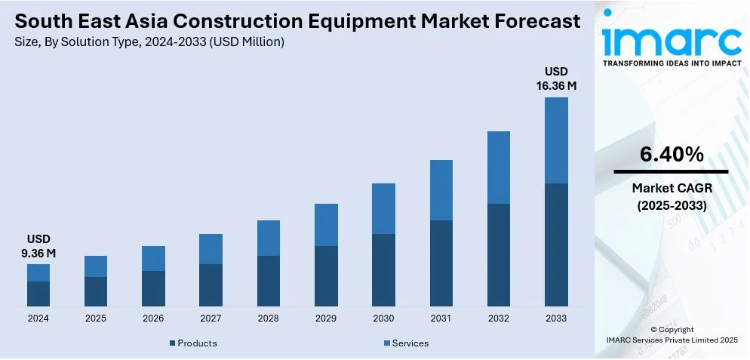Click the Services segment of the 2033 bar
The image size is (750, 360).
[556, 140]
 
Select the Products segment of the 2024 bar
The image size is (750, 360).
[38, 294]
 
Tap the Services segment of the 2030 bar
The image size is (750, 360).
[383, 208]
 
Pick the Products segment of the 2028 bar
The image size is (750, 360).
[268, 281]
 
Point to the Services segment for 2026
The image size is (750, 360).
[153, 258]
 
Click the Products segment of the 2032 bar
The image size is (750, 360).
[498, 254]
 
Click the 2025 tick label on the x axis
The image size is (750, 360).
[96, 318]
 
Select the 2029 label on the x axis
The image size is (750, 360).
[326, 318]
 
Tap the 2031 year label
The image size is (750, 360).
[441, 318]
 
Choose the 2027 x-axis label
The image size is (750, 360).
[211, 318]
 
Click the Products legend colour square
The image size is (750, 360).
[173, 344]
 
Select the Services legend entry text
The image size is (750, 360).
[410, 343]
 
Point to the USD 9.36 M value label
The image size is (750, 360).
[38, 246]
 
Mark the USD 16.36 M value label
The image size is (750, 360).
[556, 78]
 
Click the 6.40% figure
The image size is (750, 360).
[672, 155]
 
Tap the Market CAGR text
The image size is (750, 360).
[672, 187]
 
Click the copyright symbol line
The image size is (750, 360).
[672, 330]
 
